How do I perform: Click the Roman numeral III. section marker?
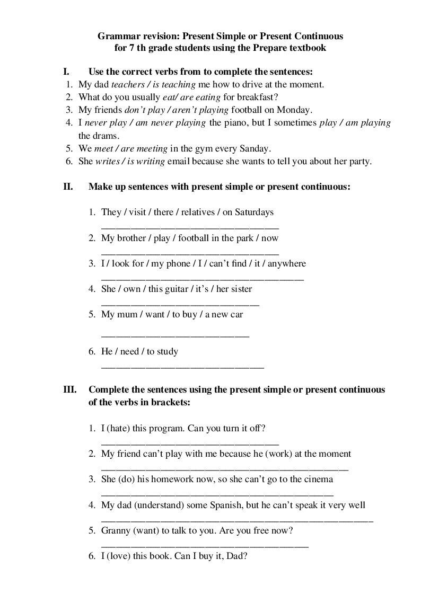[70, 390]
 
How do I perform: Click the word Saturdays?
[253, 212]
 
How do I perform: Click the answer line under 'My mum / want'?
[175, 335]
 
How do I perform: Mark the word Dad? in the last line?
[237, 557]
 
